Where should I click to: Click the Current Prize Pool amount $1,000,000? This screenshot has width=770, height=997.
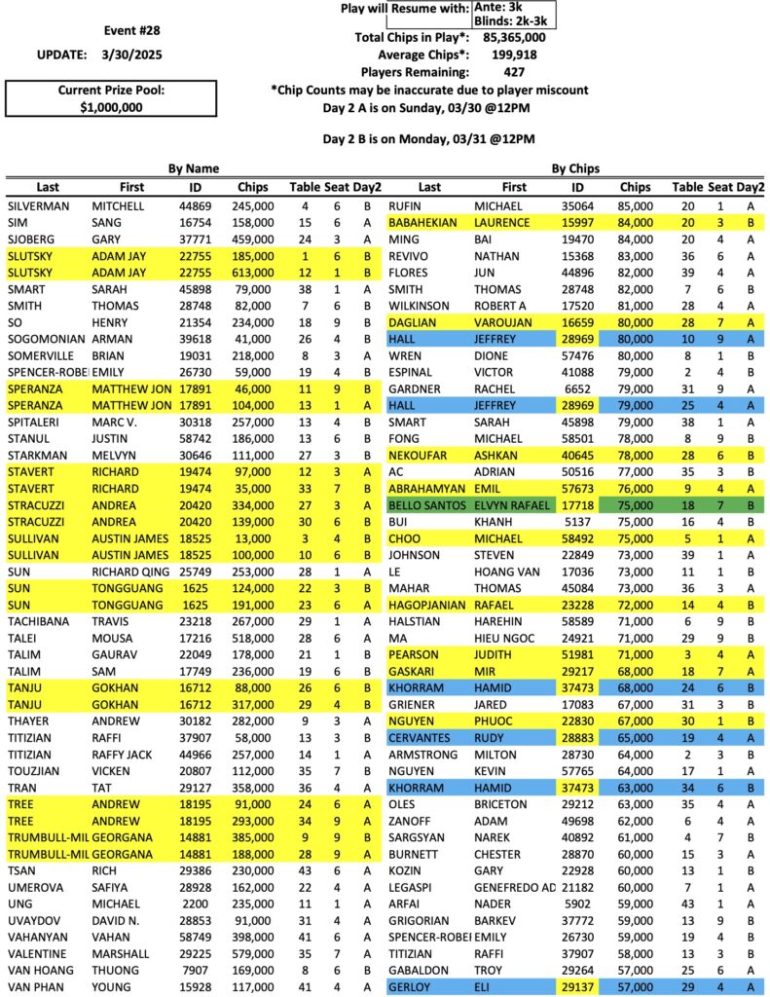[x=111, y=108]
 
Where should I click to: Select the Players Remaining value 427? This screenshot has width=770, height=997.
[x=515, y=72]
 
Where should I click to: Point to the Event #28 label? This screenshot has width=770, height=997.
[x=110, y=29]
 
